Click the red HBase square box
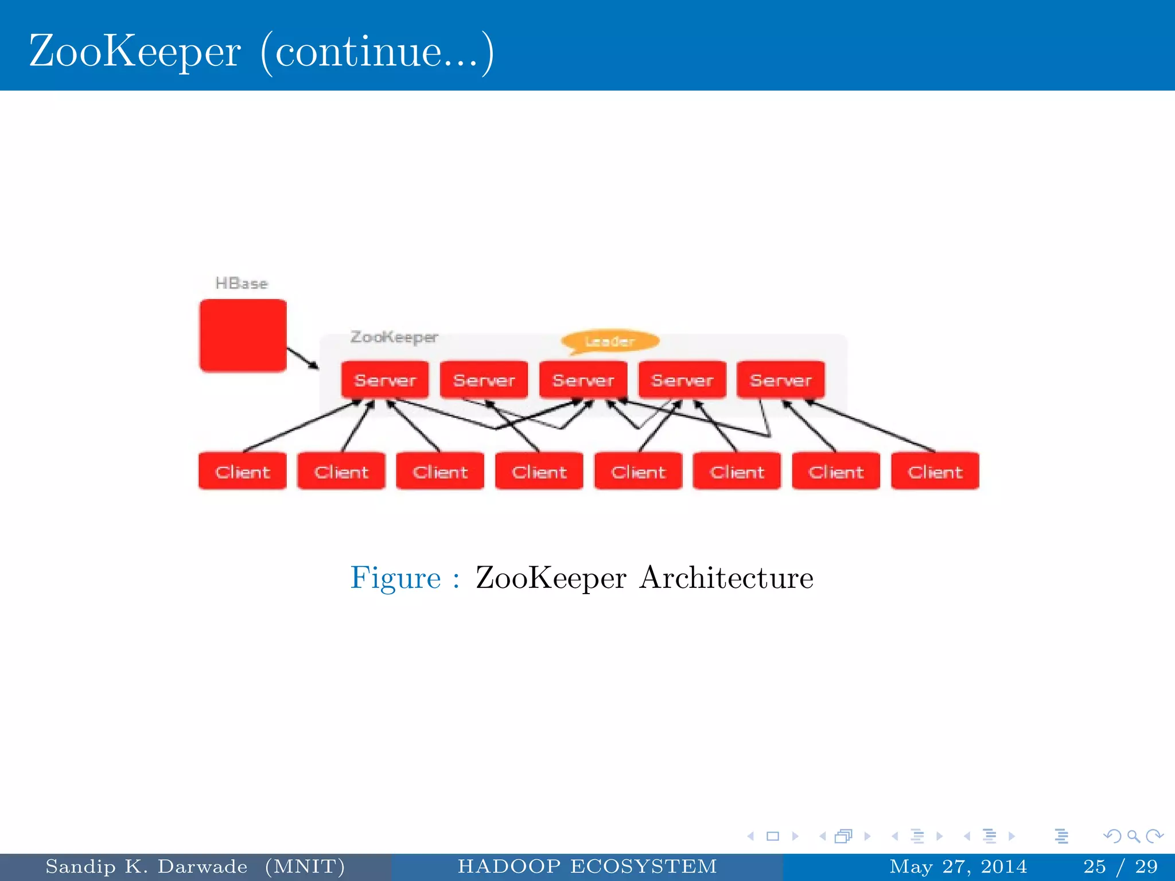coord(243,336)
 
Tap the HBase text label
coord(242,283)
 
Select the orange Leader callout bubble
coord(610,341)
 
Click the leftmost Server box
coord(384,380)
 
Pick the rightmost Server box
coord(781,380)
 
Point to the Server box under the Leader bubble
coord(583,380)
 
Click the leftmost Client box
coord(242,471)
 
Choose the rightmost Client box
coord(935,471)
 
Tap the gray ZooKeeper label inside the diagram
coord(394,337)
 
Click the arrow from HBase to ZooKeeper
coord(302,358)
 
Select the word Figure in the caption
coord(395,578)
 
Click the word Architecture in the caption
coord(726,578)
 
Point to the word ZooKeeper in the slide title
coord(135,51)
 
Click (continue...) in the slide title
coord(377,51)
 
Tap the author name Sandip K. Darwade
coord(146,866)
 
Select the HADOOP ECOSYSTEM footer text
coord(587,866)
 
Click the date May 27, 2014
coord(958,866)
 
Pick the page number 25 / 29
coord(1120,866)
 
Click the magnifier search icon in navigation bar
coord(1133,836)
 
